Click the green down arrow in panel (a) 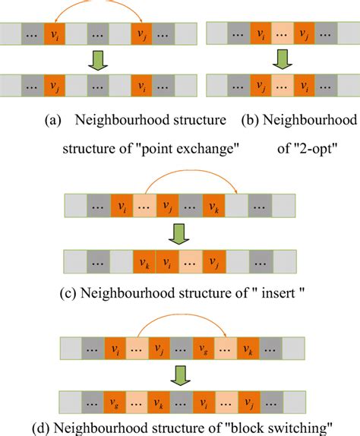99,58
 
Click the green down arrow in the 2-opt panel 282,58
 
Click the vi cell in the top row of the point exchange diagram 55,35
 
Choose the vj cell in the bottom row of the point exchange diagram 55,84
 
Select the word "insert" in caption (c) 262,291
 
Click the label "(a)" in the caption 53,121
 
